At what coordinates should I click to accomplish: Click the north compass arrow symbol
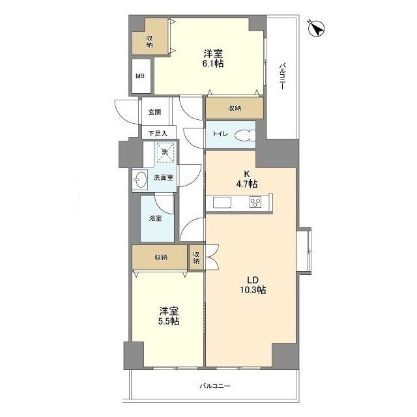click(x=317, y=28)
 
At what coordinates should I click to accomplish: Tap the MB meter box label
click(x=140, y=76)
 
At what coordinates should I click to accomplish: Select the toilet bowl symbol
click(x=245, y=135)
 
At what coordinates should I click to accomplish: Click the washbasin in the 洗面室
click(x=140, y=179)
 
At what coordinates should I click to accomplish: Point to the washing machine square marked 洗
click(x=165, y=152)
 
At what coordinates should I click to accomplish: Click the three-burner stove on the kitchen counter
click(x=255, y=202)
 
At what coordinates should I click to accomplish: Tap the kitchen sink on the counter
click(x=222, y=203)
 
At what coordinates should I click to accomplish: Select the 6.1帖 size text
click(x=213, y=64)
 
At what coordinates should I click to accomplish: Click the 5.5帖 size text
click(x=169, y=321)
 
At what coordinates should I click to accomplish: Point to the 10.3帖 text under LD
click(x=253, y=290)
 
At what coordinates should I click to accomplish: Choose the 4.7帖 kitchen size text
click(x=247, y=184)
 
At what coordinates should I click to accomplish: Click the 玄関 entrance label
click(x=154, y=112)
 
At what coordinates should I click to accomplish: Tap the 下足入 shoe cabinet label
click(x=158, y=133)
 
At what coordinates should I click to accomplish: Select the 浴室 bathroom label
click(x=155, y=218)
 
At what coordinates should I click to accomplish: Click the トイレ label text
click(x=220, y=134)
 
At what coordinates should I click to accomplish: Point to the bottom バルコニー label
click(x=215, y=386)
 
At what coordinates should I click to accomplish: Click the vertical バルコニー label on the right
click(x=282, y=76)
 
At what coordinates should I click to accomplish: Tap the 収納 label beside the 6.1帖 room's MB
click(x=149, y=42)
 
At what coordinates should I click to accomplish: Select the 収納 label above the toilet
click(x=235, y=108)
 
